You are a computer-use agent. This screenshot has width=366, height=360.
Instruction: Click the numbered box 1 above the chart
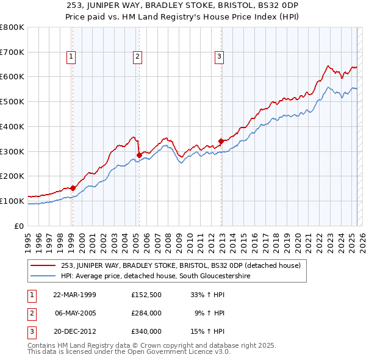tap(71, 57)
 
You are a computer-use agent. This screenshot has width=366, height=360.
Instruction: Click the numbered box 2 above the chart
tap(138, 57)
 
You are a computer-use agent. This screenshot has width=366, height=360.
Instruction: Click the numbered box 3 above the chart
tap(219, 57)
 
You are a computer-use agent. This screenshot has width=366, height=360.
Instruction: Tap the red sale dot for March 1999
tap(73, 188)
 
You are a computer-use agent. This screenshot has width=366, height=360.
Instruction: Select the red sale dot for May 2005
tap(139, 155)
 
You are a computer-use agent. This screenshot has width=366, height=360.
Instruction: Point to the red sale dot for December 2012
tap(221, 141)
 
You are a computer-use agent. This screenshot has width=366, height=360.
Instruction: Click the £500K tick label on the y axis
tap(12, 101)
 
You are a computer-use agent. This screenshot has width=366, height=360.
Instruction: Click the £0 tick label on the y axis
tap(18, 226)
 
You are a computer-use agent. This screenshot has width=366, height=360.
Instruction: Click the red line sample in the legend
tap(44, 265)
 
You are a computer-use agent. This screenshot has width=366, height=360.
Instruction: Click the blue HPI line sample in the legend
tap(44, 276)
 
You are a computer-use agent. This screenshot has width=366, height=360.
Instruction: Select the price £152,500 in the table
tap(146, 295)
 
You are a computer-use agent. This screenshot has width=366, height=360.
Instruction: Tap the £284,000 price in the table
tap(146, 313)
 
